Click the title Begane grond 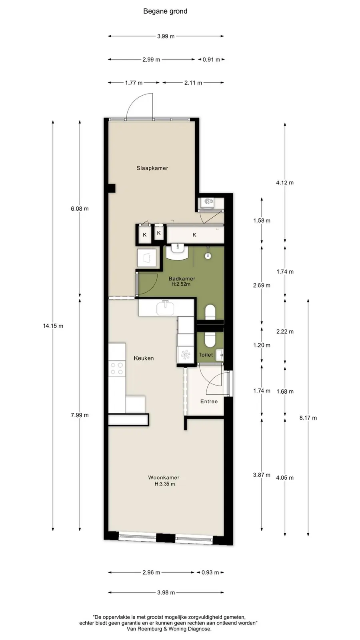point(165,12)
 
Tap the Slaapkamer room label point(152,168)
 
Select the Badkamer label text point(182,278)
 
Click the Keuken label point(144,358)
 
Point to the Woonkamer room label point(164,478)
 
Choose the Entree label point(209,402)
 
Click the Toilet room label point(206,354)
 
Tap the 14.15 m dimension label point(53,326)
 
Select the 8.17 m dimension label point(308,418)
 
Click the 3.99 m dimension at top point(166,36)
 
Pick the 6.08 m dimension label point(80,209)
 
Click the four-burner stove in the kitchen point(117,368)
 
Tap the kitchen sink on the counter point(166,308)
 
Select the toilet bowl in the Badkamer point(210,312)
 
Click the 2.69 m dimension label point(262,286)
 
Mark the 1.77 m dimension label point(134,83)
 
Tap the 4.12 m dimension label point(285,182)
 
